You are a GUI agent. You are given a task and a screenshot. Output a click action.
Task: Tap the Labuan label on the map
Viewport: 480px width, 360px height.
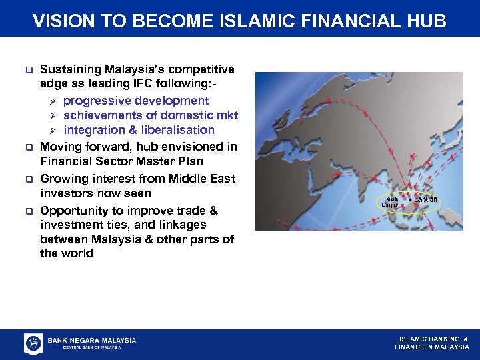(x=426, y=199)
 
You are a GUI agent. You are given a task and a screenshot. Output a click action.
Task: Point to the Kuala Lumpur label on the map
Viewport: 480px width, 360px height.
(x=391, y=202)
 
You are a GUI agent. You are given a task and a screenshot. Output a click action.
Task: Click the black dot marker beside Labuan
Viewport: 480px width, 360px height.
(x=409, y=200)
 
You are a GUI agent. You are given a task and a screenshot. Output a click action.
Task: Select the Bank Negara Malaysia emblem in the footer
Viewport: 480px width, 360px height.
(x=33, y=343)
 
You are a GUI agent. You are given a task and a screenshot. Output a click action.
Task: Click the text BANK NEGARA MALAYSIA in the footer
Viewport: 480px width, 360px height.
(x=92, y=340)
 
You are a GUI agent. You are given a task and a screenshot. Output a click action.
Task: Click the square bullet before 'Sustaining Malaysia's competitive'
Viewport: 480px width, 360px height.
(x=29, y=69)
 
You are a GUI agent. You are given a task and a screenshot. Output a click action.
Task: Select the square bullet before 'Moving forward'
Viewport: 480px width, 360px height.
(x=29, y=146)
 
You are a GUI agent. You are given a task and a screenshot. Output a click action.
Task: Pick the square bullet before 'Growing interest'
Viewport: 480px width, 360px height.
(x=29, y=179)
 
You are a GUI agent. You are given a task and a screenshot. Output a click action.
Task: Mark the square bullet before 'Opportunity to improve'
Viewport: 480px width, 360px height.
(x=29, y=211)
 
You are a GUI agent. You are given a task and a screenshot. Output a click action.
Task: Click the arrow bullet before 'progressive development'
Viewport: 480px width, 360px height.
(x=55, y=101)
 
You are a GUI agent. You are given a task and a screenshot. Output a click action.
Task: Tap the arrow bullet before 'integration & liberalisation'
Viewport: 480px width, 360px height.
(x=55, y=130)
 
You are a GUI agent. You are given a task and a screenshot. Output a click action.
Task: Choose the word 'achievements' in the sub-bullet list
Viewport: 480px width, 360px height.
(x=100, y=115)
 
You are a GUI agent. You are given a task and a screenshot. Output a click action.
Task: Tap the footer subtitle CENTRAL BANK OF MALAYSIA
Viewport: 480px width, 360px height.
(x=91, y=347)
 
